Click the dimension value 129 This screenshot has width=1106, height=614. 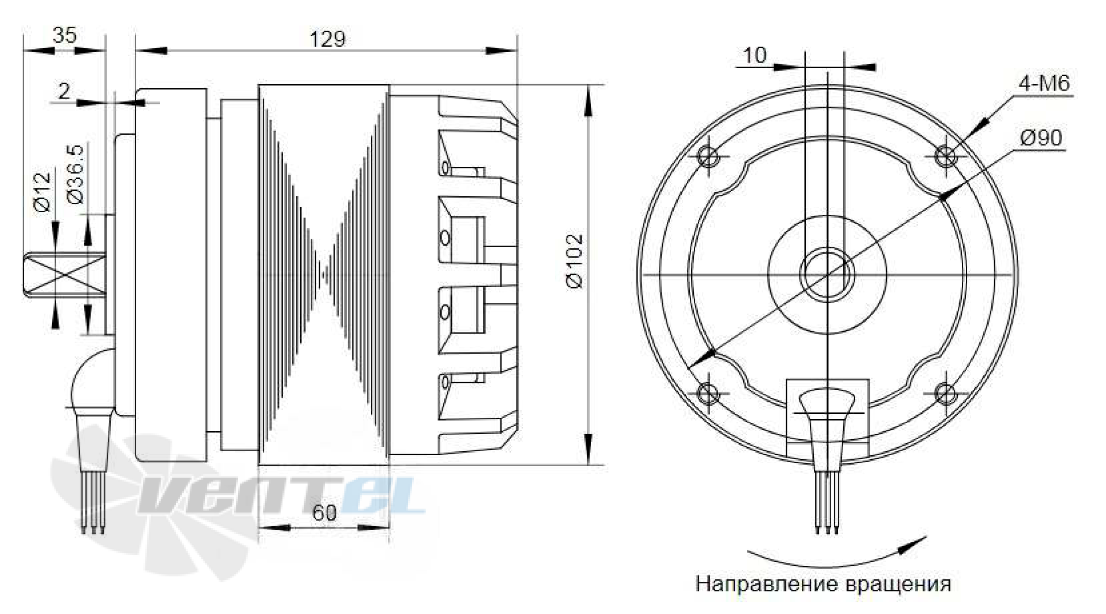[327, 39]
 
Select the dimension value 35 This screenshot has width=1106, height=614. [64, 35]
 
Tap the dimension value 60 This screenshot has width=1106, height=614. [324, 513]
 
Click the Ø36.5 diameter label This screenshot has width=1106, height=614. [75, 174]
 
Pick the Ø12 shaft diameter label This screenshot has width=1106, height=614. [43, 192]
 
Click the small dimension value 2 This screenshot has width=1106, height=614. [64, 91]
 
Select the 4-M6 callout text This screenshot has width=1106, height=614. [1044, 83]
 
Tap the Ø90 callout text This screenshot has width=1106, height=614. [1041, 138]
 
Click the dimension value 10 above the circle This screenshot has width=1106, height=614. [754, 56]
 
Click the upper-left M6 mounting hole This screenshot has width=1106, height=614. [708, 157]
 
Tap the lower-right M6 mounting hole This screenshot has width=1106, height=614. [945, 394]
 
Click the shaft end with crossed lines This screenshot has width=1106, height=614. [65, 275]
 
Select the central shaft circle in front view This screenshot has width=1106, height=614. [827, 275]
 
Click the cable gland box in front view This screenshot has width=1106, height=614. [827, 417]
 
